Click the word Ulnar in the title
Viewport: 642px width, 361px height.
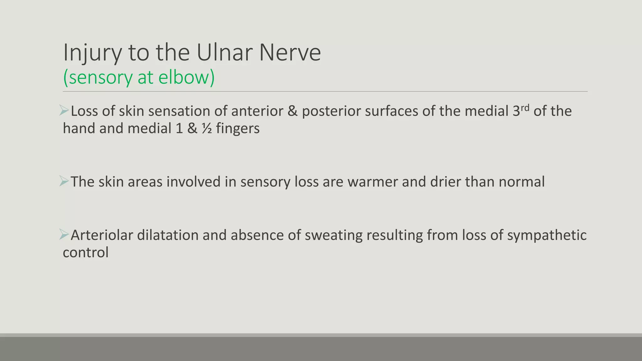pyautogui.click(x=225, y=52)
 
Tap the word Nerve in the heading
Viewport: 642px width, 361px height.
pyautogui.click(x=290, y=52)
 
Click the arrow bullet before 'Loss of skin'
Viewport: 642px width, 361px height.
pyautogui.click(x=64, y=111)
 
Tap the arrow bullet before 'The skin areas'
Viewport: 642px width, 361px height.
pyautogui.click(x=64, y=181)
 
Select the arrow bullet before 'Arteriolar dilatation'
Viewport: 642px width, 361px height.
pyautogui.click(x=64, y=235)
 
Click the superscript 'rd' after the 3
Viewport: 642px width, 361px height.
pyautogui.click(x=525, y=107)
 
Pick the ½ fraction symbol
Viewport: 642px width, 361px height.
pyautogui.click(x=207, y=128)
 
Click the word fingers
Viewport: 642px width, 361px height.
pyautogui.click(x=238, y=129)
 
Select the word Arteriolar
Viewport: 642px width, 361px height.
pyautogui.click(x=102, y=235)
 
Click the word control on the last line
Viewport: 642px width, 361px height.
pyautogui.click(x=86, y=253)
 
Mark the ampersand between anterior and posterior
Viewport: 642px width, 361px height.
pyautogui.click(x=292, y=111)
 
